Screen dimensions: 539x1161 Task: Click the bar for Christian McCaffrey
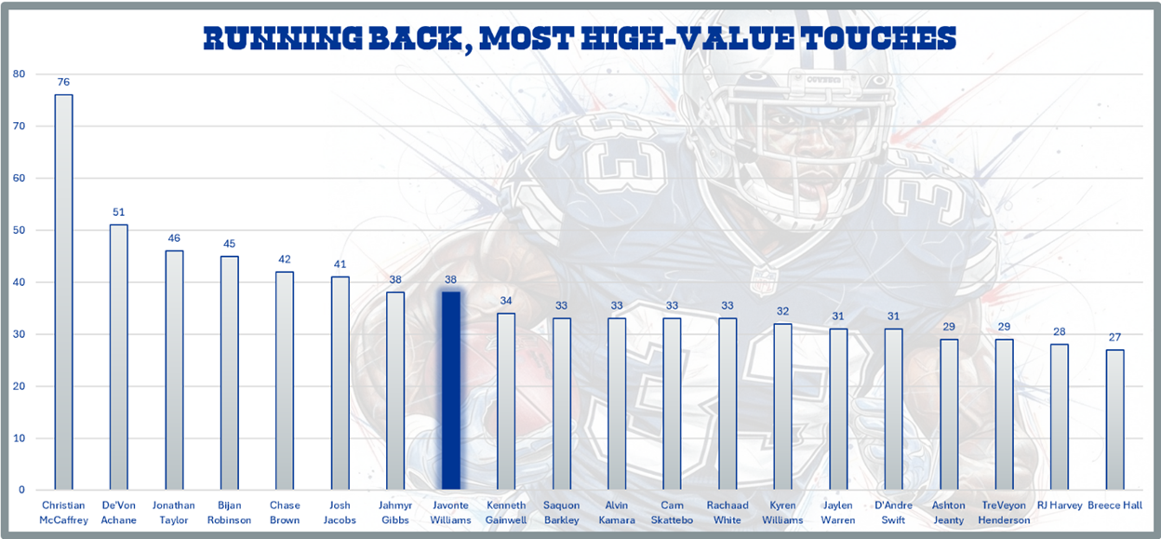[63, 292]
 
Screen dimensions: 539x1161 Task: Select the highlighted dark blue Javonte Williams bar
[450, 391]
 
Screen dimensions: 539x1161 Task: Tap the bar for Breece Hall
[1114, 420]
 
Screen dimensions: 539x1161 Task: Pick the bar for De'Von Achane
[118, 357]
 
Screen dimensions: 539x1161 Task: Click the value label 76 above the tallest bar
[63, 82]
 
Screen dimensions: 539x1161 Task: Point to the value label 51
[118, 212]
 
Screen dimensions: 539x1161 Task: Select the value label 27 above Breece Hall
[1114, 337]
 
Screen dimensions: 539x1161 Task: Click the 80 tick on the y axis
[19, 74]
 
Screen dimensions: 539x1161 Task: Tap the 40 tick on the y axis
[19, 282]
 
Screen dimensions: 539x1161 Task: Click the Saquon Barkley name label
[561, 513]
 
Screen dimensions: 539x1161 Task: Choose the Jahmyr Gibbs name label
[395, 513]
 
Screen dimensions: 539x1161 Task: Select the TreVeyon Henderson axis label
[1004, 513]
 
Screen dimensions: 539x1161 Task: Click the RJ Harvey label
[1059, 506]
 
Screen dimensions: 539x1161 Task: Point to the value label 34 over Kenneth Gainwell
[506, 301]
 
